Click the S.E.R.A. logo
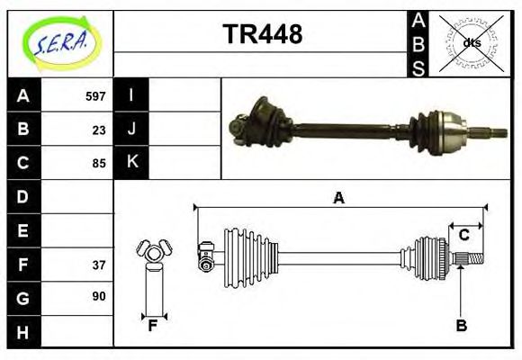(x=60, y=42)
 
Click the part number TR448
(x=262, y=35)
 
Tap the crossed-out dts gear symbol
(x=471, y=42)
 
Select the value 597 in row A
(x=95, y=96)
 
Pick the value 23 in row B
(x=99, y=130)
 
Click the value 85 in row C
(x=99, y=163)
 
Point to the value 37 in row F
(x=99, y=265)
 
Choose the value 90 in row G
(x=99, y=296)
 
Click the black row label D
(x=22, y=196)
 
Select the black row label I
(x=131, y=95)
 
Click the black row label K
(x=131, y=163)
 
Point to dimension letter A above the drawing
(x=338, y=198)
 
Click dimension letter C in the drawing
(x=463, y=235)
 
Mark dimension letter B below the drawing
(x=461, y=326)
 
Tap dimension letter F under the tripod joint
(x=153, y=326)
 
